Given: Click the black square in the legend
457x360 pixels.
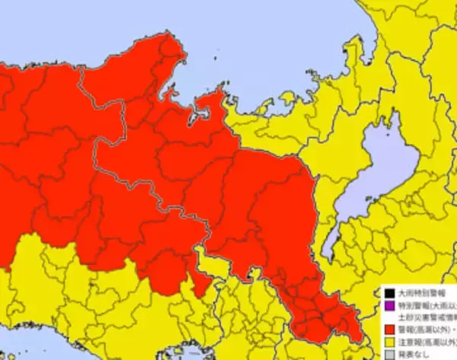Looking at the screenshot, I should pyautogui.click(x=388, y=292).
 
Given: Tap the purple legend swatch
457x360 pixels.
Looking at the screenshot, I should pyautogui.click(x=388, y=304).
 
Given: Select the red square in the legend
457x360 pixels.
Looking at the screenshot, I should pyautogui.click(x=388, y=330).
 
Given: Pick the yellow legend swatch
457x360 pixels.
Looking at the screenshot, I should pyautogui.click(x=388, y=342).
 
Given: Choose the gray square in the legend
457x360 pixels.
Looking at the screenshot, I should pyautogui.click(x=388, y=355).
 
